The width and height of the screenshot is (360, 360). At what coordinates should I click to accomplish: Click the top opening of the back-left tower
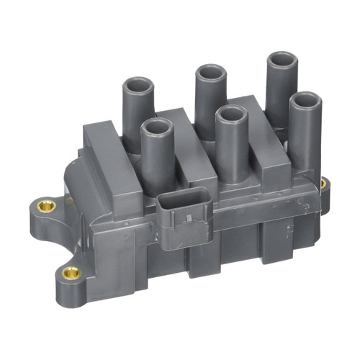pos(138,85)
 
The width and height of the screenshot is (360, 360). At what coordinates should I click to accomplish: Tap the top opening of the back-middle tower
pos(210,72)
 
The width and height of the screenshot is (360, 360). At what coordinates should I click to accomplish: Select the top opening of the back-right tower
pos(282,59)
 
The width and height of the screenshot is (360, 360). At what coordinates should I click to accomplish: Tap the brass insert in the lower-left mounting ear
pos(71,272)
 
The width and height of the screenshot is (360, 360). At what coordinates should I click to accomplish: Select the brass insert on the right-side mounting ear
pos(323,184)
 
